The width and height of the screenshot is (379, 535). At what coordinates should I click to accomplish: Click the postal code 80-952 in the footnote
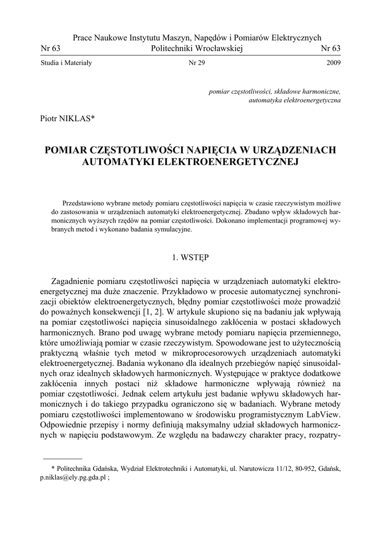[x=301, y=469]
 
